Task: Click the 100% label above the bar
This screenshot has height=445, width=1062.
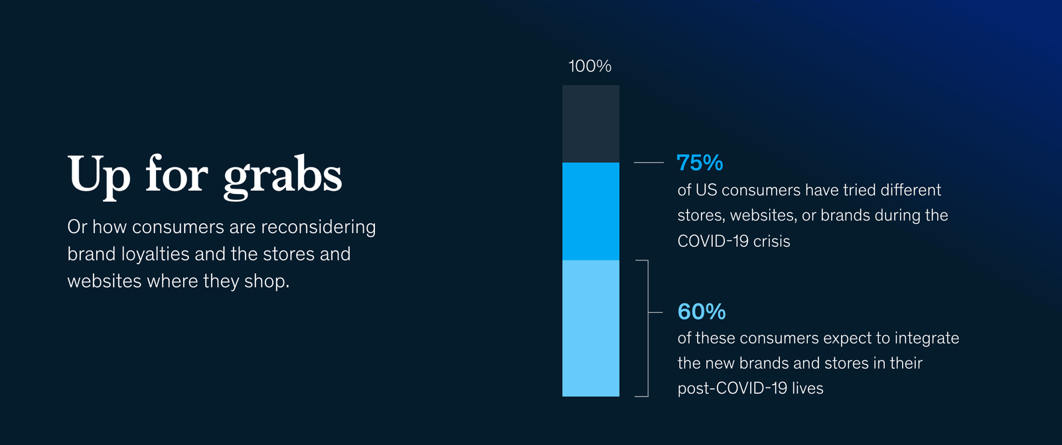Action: tap(590, 66)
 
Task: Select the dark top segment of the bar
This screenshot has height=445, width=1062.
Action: tap(591, 124)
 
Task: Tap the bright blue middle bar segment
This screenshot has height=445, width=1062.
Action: tap(591, 212)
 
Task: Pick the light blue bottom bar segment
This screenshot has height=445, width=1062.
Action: tap(591, 328)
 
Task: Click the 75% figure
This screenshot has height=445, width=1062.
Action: tap(700, 163)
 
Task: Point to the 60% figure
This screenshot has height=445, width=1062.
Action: tap(701, 311)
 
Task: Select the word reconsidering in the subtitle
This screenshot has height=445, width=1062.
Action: tap(318, 227)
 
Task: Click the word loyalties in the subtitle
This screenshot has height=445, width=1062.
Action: tap(155, 254)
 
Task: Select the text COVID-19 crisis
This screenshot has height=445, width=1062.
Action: tap(733, 241)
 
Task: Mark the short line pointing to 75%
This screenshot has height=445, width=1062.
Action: tap(648, 163)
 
